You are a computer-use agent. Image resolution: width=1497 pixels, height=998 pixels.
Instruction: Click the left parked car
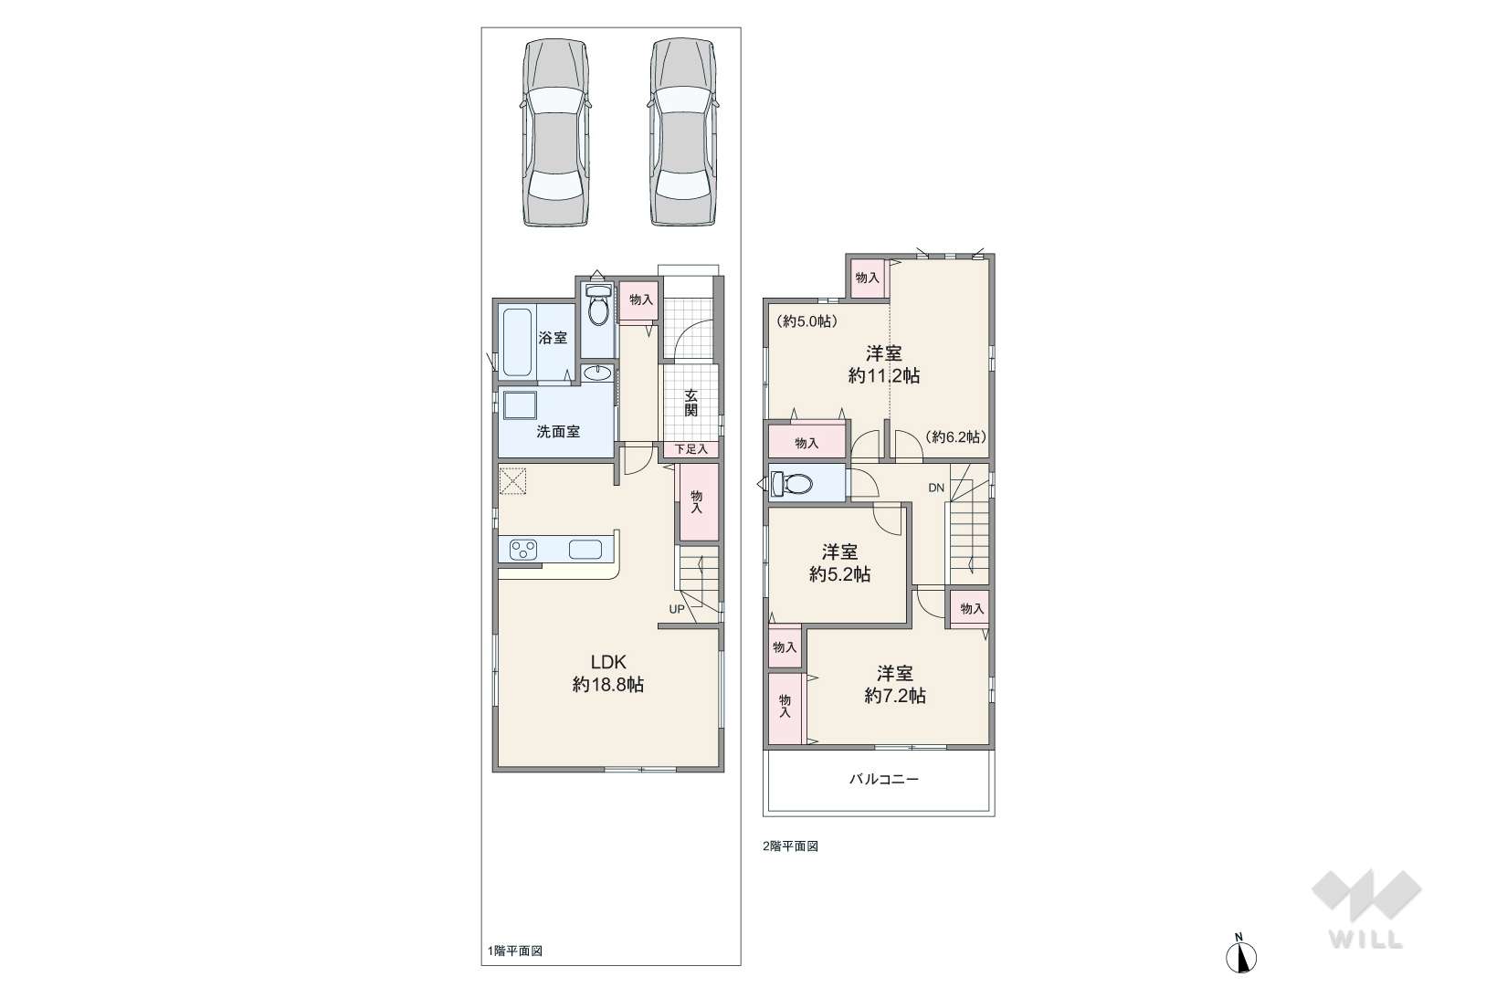pos(556,131)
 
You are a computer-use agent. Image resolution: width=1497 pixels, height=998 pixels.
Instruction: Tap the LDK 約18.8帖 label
pos(608,673)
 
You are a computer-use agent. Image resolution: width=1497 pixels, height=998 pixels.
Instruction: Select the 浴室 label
pos(553,338)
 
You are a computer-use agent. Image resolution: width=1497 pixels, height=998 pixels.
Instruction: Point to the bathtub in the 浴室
pos(518,341)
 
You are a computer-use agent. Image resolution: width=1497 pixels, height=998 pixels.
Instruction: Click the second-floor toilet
pos(791,483)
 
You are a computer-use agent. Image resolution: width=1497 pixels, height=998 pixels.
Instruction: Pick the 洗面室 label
pos(558,432)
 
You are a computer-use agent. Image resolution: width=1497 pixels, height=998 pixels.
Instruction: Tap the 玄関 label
pos(691,402)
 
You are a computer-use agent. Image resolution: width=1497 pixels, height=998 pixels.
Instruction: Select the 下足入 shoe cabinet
pos(691,449)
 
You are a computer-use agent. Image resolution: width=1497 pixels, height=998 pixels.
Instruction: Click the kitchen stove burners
pos(522,550)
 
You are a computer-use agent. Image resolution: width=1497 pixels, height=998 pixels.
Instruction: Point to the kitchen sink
pos(585,550)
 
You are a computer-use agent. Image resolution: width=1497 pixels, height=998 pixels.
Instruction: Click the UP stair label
pos(677,609)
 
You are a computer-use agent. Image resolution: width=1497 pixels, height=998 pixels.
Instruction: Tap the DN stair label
pos(936,488)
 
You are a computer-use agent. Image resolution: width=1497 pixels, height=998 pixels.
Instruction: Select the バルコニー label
pos(884,779)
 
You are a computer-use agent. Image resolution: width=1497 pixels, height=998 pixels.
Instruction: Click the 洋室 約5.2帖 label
pos(840,563)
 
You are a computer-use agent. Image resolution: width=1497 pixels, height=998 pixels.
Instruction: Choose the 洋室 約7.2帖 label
pos(895,685)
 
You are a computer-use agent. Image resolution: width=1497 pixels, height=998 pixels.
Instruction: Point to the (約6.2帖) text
pos(956,436)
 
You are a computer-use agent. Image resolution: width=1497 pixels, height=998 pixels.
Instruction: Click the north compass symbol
pos(1241,957)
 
